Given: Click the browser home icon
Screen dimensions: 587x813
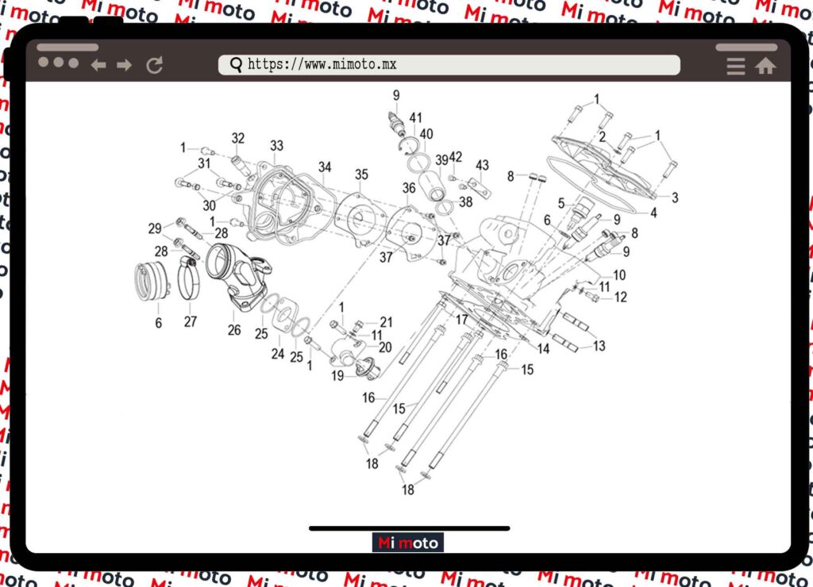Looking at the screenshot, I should coord(765,67).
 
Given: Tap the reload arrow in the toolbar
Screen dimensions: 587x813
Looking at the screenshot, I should coord(155,65).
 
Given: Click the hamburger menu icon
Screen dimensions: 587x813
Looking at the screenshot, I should coord(736,67).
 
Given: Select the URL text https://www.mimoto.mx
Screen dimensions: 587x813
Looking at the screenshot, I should coord(322,64).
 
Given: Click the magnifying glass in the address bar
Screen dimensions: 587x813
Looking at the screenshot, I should coord(236,65).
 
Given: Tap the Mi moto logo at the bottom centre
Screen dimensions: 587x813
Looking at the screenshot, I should coord(408,543).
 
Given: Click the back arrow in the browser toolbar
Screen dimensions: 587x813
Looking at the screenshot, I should coord(98,65).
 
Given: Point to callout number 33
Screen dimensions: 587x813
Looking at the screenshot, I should coord(276,146).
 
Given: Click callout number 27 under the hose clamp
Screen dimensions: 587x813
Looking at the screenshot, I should coord(190,322).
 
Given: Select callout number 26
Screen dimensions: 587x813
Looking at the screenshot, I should coord(234,330).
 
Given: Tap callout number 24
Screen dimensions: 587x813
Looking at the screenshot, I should coord(277,354).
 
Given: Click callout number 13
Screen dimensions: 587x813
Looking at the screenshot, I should coord(599,346).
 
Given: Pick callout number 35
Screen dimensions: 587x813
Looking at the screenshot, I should coord(361,175).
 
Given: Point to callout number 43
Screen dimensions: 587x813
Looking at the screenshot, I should coord(482,164).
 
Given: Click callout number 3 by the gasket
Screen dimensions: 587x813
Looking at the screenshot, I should coord(675,198).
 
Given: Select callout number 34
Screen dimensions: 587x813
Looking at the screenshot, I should coord(325,167).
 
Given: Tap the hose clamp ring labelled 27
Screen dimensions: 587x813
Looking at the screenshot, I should coord(189,282).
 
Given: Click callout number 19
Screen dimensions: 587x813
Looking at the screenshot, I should coord(338,376).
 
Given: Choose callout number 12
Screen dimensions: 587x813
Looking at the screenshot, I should coord(620,297).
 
